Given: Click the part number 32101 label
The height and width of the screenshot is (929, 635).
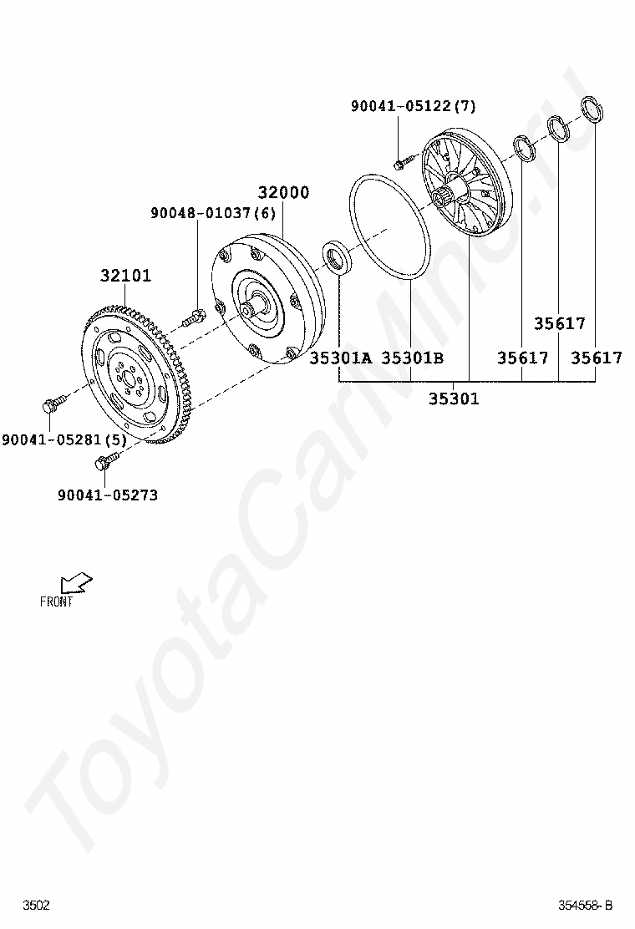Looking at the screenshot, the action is click(x=125, y=276).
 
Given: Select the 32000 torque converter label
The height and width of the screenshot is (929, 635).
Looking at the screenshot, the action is click(x=283, y=192).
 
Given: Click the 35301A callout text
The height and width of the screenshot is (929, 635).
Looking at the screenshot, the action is click(x=341, y=358).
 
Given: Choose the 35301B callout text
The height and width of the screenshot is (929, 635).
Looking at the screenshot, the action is click(x=412, y=358).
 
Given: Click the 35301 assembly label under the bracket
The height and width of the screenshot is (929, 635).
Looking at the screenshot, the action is click(x=454, y=399).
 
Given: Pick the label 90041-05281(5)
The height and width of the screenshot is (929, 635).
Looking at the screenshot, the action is click(x=64, y=439).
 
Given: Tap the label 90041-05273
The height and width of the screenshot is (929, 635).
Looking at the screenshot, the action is click(x=108, y=495).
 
